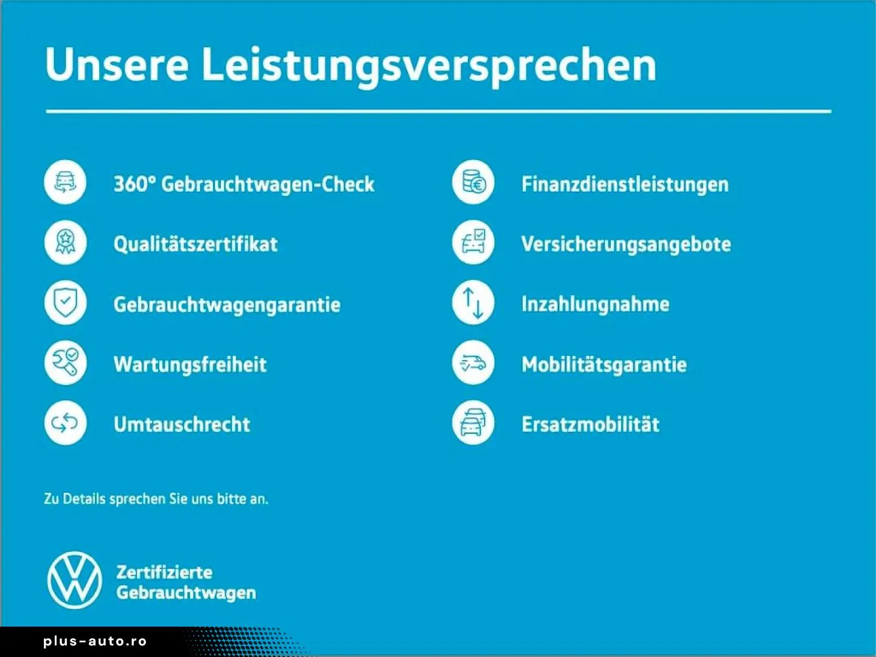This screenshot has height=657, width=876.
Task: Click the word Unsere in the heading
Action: [x=117, y=64]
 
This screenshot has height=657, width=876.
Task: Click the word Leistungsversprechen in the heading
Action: [x=429, y=66]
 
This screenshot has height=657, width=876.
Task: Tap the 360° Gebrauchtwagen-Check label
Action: [x=244, y=184]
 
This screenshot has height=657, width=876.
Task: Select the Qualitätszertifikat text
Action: [x=195, y=244]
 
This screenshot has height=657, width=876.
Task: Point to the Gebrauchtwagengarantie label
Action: [x=227, y=305]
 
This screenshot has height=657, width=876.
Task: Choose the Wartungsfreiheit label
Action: [x=190, y=364]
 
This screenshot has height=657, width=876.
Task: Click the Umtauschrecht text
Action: [x=182, y=424]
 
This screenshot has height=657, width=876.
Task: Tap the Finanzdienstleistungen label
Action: [x=625, y=185]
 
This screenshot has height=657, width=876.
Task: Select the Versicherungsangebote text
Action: [x=626, y=245]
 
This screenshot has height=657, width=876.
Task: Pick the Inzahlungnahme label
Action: [x=596, y=304]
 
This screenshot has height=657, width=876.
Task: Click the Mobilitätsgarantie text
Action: [x=604, y=364]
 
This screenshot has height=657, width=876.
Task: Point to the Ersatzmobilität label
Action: [x=591, y=424]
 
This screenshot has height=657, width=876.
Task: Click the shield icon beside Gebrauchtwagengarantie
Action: [x=66, y=302]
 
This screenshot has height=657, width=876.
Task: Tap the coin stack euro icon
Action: [x=473, y=182]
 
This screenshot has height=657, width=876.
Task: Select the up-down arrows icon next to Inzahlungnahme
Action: [x=473, y=302]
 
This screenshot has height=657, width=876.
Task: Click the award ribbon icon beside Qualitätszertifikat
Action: [x=66, y=242]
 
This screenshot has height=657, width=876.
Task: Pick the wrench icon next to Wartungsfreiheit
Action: [x=66, y=363]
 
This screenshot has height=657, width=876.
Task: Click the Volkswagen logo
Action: [x=75, y=580]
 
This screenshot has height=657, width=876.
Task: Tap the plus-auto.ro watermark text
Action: [x=95, y=641]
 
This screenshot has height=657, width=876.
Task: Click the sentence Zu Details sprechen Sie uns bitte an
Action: [x=156, y=499]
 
